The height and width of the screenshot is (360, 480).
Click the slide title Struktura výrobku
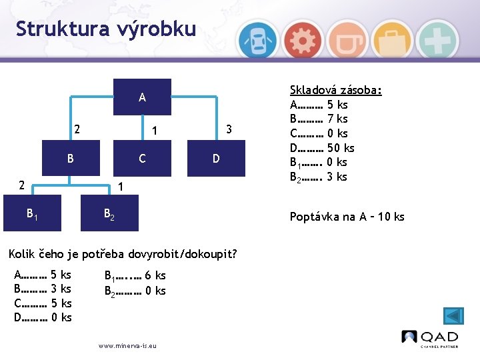tap(106, 29)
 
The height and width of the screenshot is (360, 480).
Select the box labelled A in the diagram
tap(142, 97)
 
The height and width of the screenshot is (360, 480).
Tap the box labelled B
tap(70, 159)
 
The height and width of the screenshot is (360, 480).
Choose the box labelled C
tap(142, 159)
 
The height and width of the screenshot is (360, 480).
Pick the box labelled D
tap(215, 159)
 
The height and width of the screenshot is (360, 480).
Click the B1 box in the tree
tap(32, 213)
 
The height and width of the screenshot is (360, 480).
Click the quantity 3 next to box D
tap(228, 128)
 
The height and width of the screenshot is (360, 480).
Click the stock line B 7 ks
tap(319, 119)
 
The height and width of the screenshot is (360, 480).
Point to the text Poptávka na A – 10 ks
tap(347, 217)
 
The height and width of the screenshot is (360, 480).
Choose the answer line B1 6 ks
tap(135, 275)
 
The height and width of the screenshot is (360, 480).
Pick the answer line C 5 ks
tap(43, 303)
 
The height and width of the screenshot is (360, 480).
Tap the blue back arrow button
tap(454, 315)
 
